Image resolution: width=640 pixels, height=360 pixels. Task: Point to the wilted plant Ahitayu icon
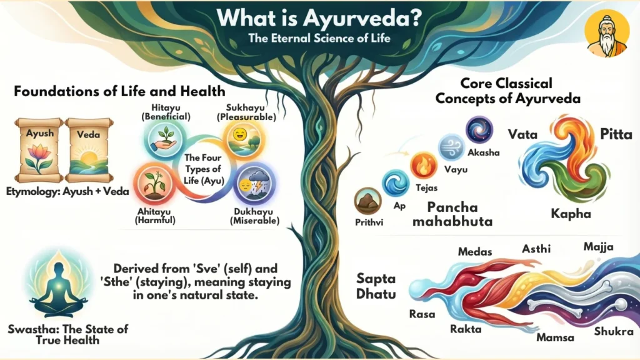pos(153,182)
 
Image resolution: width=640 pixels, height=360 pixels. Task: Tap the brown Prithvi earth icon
pos(367,202)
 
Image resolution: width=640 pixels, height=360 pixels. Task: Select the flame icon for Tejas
pos(424,166)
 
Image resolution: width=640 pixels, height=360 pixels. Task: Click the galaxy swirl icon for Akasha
pos(479,130)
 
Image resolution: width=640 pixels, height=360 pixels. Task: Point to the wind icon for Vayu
pos(451,147)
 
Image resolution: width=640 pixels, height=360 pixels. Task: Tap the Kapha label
pos(571,214)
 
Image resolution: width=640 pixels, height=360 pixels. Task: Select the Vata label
pos(523,134)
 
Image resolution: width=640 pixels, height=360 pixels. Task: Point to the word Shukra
pos(613,331)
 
